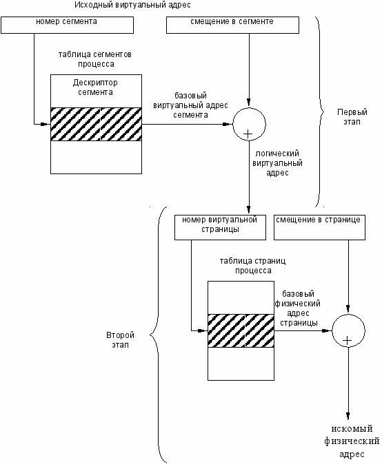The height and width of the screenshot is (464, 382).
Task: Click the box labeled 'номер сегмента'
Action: click(x=68, y=25)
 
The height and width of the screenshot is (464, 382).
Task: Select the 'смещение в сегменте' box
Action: click(x=232, y=25)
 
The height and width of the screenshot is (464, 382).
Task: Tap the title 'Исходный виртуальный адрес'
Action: click(x=132, y=5)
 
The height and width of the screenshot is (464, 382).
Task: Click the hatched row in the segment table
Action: click(x=96, y=124)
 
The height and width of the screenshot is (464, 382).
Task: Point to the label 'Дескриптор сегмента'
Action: click(x=95, y=87)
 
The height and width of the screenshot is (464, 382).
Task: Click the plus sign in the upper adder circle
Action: click(x=248, y=134)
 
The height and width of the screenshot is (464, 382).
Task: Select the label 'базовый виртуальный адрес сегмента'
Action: click(x=190, y=105)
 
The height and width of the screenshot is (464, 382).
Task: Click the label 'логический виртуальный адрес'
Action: click(x=277, y=163)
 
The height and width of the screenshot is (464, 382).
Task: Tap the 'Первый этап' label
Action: click(x=352, y=117)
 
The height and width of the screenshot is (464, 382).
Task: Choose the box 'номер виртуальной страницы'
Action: click(x=220, y=227)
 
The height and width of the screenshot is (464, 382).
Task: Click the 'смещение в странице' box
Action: click(x=319, y=227)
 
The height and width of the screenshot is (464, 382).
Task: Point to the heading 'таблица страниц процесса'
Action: click(x=253, y=266)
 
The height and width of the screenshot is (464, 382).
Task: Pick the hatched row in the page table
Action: click(x=241, y=330)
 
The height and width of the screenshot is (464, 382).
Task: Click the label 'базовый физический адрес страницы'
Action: click(x=298, y=308)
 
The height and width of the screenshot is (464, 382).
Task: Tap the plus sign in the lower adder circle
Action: click(x=347, y=341)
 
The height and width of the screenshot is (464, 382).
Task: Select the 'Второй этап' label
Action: click(x=120, y=340)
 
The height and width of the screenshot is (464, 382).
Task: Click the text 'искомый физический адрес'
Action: click(x=352, y=441)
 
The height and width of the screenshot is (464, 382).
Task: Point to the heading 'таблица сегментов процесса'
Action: click(x=95, y=59)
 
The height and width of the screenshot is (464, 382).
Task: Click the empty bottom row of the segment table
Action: click(x=96, y=157)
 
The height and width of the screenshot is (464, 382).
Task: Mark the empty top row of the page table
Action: click(x=241, y=297)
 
